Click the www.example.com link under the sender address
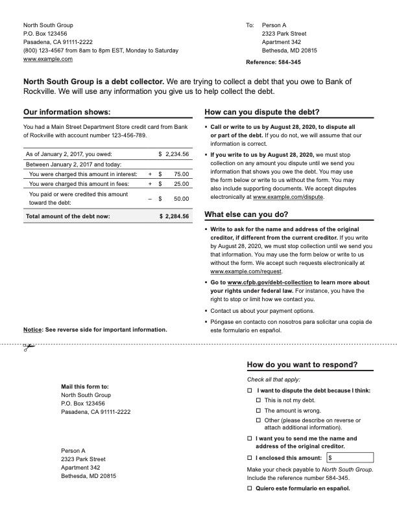(48, 59)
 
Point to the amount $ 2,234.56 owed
(173, 154)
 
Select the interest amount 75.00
(181, 174)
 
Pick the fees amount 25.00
(181, 185)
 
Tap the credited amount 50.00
(181, 199)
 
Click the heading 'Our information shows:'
(62, 112)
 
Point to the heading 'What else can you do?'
(247, 214)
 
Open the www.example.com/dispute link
(288, 197)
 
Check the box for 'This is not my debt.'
(258, 401)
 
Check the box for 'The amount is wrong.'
(258, 411)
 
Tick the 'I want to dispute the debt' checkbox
(250, 391)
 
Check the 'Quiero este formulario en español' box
(250, 488)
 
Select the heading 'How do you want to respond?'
(302, 365)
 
